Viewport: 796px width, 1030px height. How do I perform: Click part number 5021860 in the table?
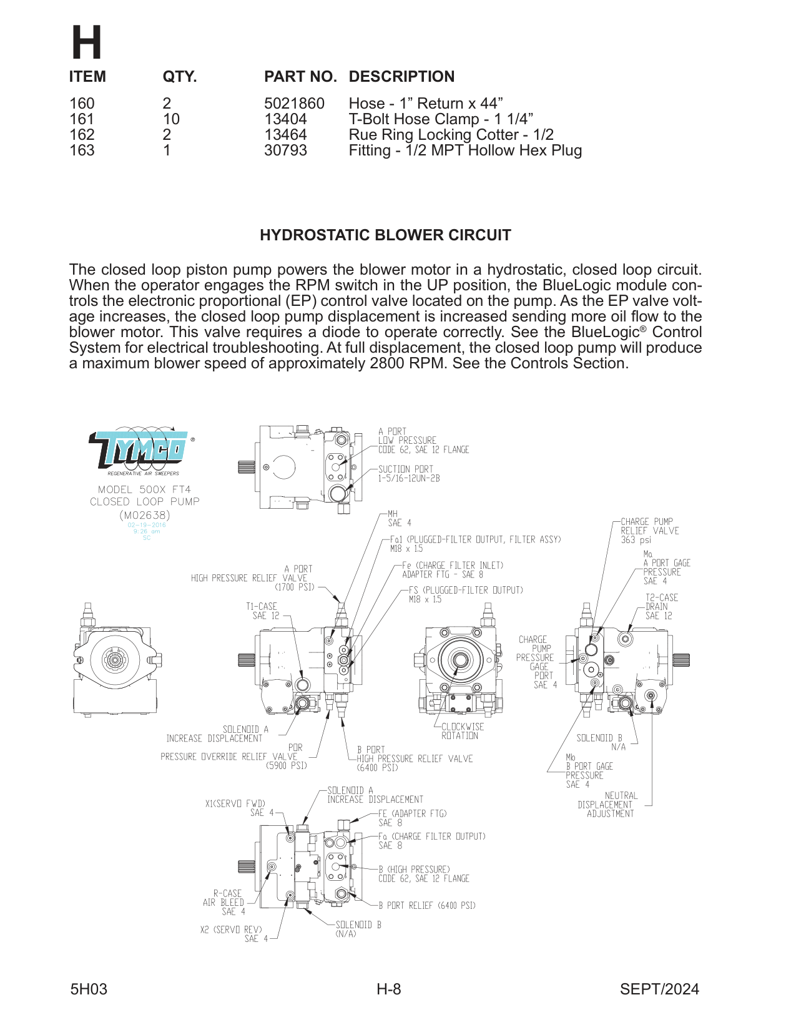294,104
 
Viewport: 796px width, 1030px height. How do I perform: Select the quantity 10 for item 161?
171,119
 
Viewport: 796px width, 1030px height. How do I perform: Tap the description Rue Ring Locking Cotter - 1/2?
451,135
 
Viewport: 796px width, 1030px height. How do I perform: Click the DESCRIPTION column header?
401,77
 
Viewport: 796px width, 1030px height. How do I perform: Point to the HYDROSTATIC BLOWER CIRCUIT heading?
385,235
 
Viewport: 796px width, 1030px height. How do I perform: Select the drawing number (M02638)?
144,515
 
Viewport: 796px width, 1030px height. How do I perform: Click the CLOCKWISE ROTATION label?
461,731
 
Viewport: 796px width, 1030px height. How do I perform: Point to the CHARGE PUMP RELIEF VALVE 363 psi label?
649,531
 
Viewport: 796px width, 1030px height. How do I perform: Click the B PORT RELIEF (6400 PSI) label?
427,905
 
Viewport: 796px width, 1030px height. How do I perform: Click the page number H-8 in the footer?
388,989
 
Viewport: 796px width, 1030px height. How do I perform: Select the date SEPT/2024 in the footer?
659,989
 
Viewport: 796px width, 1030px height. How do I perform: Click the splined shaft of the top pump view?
246,466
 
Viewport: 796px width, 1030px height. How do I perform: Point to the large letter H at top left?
86,44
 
